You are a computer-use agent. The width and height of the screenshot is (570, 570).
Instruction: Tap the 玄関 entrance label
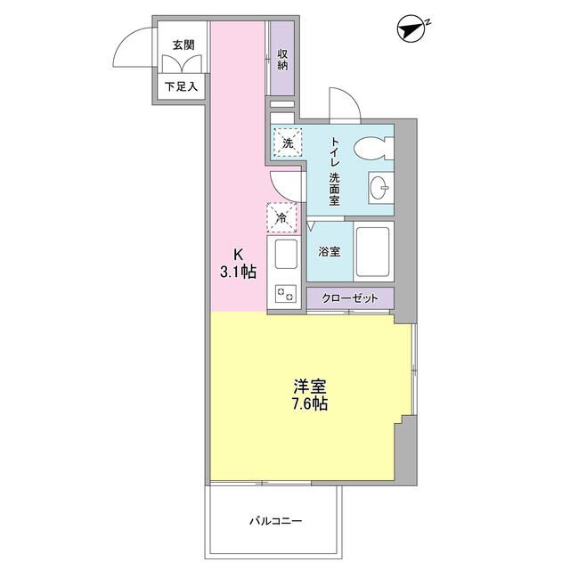tap(184, 45)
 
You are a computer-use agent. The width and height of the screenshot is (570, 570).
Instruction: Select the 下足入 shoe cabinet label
tap(183, 87)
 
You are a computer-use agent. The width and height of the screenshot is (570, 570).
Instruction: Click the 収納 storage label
tap(282, 61)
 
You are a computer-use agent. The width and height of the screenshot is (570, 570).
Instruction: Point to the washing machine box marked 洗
tap(288, 143)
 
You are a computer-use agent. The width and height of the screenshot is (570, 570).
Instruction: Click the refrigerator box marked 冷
tap(281, 217)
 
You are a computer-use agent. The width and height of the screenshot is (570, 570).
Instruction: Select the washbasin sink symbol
tap(380, 188)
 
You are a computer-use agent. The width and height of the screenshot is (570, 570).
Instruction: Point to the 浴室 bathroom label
tap(329, 252)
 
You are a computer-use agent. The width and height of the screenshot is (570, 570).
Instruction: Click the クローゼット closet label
tap(351, 297)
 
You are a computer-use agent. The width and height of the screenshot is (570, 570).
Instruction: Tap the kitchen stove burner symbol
tap(286, 293)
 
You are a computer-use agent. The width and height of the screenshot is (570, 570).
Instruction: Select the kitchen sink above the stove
tap(286, 256)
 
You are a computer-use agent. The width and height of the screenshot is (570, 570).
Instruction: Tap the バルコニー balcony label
tap(275, 520)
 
